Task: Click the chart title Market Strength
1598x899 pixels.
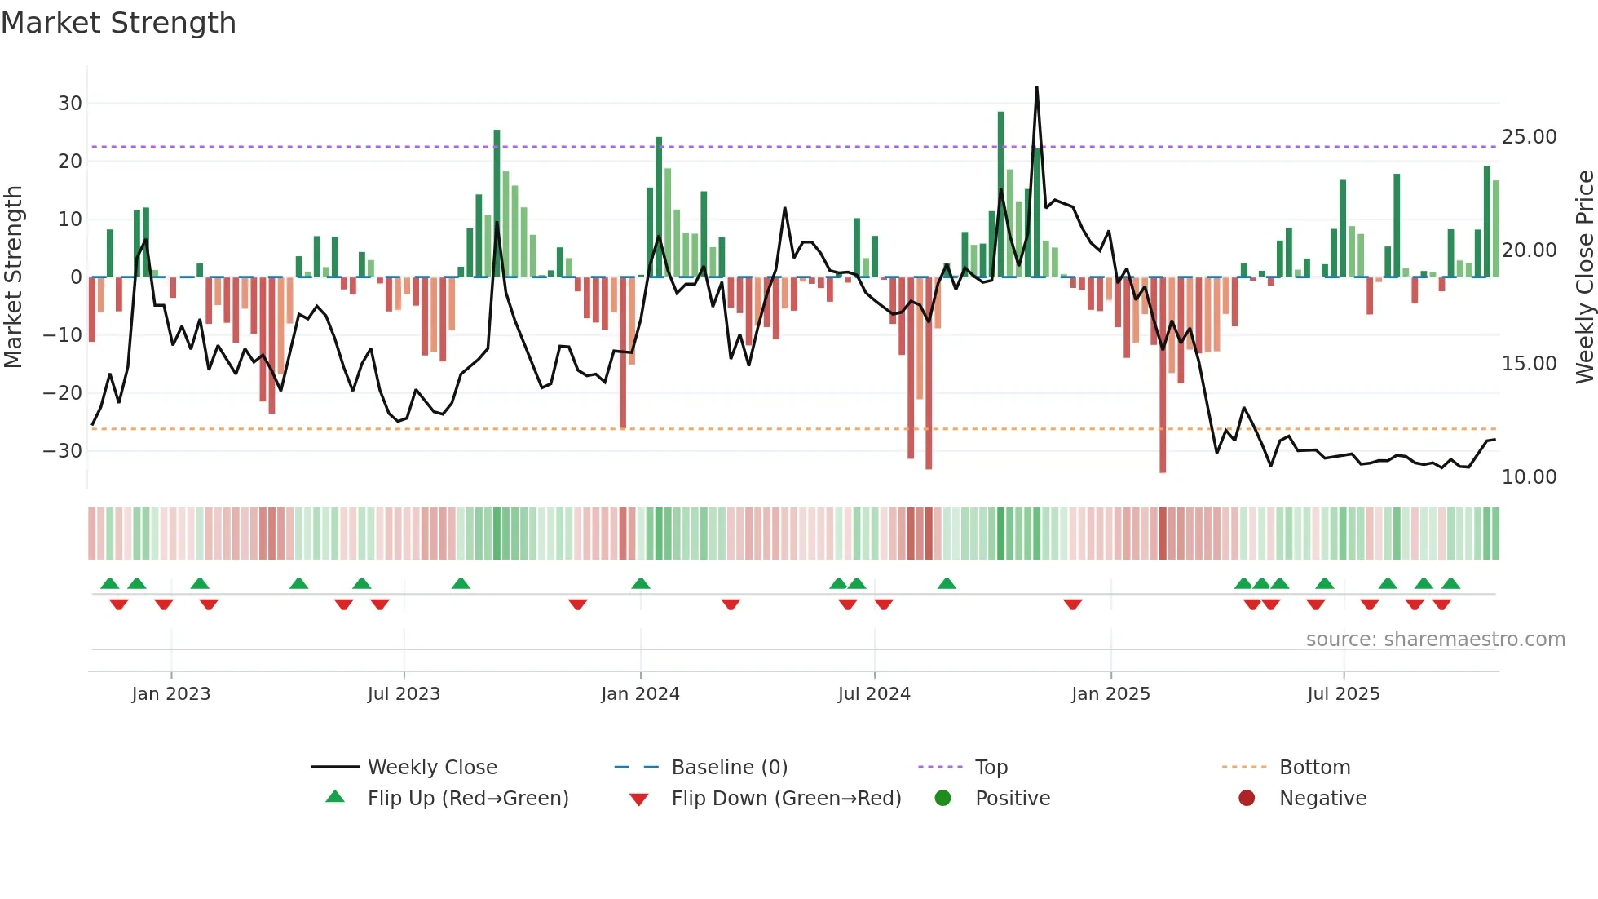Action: tap(118, 23)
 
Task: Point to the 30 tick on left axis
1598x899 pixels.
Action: tap(70, 104)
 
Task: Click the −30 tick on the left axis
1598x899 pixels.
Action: tap(64, 451)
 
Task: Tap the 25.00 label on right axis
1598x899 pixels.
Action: tap(1529, 137)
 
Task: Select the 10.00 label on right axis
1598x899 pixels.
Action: tap(1529, 477)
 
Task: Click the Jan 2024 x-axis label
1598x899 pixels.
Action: tap(640, 694)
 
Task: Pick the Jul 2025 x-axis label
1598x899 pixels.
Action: tap(1343, 694)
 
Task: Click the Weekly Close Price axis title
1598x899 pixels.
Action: tap(1584, 277)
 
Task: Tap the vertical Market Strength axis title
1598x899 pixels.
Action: tap(13, 277)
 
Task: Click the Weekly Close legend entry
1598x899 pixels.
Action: tap(431, 768)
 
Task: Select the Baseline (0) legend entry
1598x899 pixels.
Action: tap(729, 768)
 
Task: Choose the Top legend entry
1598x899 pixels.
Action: tap(991, 768)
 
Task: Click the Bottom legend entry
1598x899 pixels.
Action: tap(1314, 768)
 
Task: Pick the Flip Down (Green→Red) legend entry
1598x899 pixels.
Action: tap(785, 799)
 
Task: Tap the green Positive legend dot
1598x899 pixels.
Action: tap(942, 799)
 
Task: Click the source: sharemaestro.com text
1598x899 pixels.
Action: tap(1435, 640)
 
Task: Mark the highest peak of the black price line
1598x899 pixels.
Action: tap(1037, 88)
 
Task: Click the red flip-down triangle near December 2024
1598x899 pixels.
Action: tap(1073, 604)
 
